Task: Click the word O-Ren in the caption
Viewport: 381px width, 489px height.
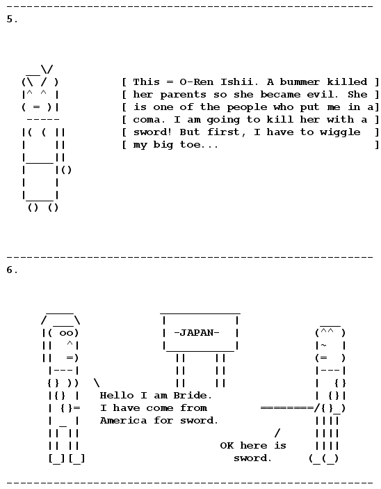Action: [197, 82]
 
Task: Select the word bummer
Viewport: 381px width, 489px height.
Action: [300, 82]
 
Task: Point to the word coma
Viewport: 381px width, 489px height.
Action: [147, 120]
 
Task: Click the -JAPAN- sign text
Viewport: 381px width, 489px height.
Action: [197, 333]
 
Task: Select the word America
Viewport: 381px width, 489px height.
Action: [123, 421]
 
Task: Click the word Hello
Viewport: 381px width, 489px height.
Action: [117, 396]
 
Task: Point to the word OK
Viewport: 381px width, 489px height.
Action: [227, 446]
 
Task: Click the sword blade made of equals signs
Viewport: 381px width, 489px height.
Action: [287, 408]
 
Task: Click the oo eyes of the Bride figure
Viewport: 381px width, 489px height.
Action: [66, 334]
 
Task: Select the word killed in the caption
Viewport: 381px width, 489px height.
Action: [347, 82]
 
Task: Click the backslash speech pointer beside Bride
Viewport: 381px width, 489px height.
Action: [97, 382]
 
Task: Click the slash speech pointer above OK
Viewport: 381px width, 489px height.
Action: [277, 433]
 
